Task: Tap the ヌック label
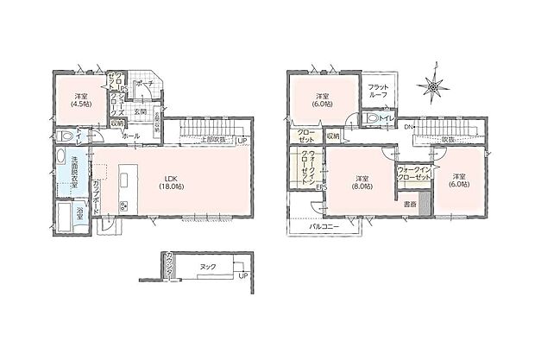207,267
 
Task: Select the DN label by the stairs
408,128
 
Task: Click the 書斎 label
409,205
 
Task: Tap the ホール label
131,136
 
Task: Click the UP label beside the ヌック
242,276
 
